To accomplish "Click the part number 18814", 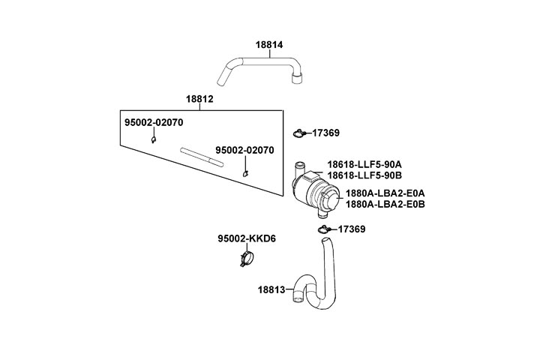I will point(269,45).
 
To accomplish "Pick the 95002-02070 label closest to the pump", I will point(245,151).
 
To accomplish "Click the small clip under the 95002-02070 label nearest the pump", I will point(245,174).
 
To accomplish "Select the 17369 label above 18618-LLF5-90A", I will point(325,133).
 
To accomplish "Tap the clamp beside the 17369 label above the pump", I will point(299,133).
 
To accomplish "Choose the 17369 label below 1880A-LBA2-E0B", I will point(351,229).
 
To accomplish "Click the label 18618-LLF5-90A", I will point(364,164).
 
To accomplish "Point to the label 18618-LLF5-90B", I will point(364,176).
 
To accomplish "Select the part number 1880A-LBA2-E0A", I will point(385,193).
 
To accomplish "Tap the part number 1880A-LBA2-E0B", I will point(385,204).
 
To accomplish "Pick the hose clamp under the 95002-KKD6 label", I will point(245,260).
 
